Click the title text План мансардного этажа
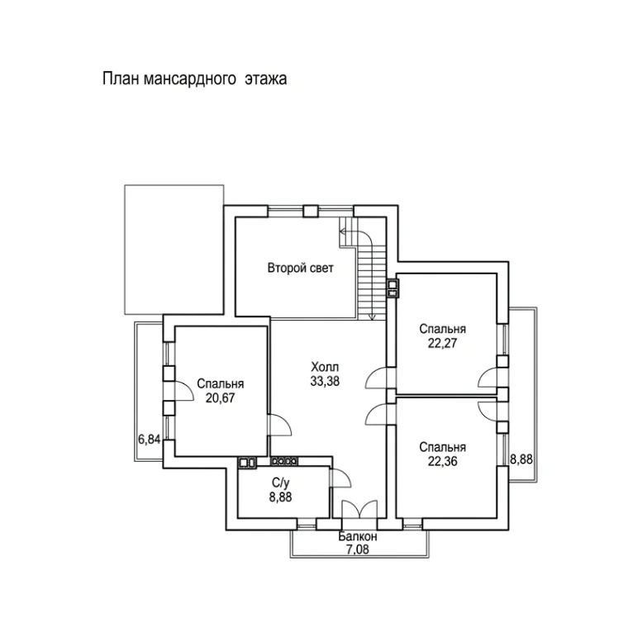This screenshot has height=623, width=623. coord(194,78)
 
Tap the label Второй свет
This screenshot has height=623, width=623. coord(301,269)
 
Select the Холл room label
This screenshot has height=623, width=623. coord(325,366)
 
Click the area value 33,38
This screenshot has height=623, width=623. coord(325,381)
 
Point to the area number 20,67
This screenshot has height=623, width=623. coord(221,397)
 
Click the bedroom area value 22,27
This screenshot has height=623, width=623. coord(443,343)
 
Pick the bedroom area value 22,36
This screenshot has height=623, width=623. coord(443,461)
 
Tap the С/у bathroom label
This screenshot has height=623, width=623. coord(280,483)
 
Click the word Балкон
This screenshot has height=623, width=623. coord(358,537)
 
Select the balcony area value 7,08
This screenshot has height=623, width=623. coord(358,549)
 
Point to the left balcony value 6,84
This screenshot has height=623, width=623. coord(149,440)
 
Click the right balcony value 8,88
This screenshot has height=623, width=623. coord(521,459)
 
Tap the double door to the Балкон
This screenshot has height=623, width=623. coord(359,509)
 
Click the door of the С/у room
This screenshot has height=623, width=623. coord(340,478)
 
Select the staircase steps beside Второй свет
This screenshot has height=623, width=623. coord(372,283)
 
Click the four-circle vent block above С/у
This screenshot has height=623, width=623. coord(283,461)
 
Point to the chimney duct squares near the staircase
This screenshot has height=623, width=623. coord(392,288)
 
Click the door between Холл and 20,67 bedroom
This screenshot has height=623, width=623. coord(280,426)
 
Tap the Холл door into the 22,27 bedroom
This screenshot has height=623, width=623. coord(376,378)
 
